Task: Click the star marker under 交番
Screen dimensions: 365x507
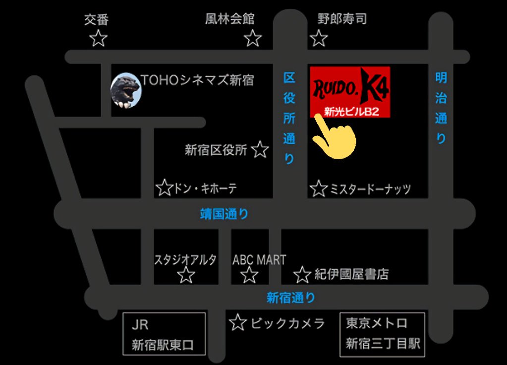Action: click(99, 38)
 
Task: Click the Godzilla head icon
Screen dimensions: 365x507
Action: click(125, 90)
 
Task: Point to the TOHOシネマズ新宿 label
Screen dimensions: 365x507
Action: click(197, 80)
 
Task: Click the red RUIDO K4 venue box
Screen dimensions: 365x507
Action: click(350, 92)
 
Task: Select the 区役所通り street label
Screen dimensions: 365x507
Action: click(289, 118)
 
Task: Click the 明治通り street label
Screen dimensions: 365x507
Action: click(441, 108)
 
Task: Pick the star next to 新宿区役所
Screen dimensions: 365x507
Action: click(260, 149)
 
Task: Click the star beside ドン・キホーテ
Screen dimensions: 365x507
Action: click(164, 188)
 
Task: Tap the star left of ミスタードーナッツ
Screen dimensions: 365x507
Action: click(319, 188)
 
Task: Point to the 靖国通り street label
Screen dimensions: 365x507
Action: click(224, 214)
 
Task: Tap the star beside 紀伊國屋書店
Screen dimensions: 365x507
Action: click(302, 274)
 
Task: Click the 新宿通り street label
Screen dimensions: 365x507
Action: click(290, 298)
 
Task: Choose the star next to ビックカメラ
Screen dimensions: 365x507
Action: click(238, 323)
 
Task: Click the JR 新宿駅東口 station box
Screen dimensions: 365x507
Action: click(164, 334)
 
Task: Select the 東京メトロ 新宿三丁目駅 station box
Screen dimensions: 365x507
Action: click(382, 334)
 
